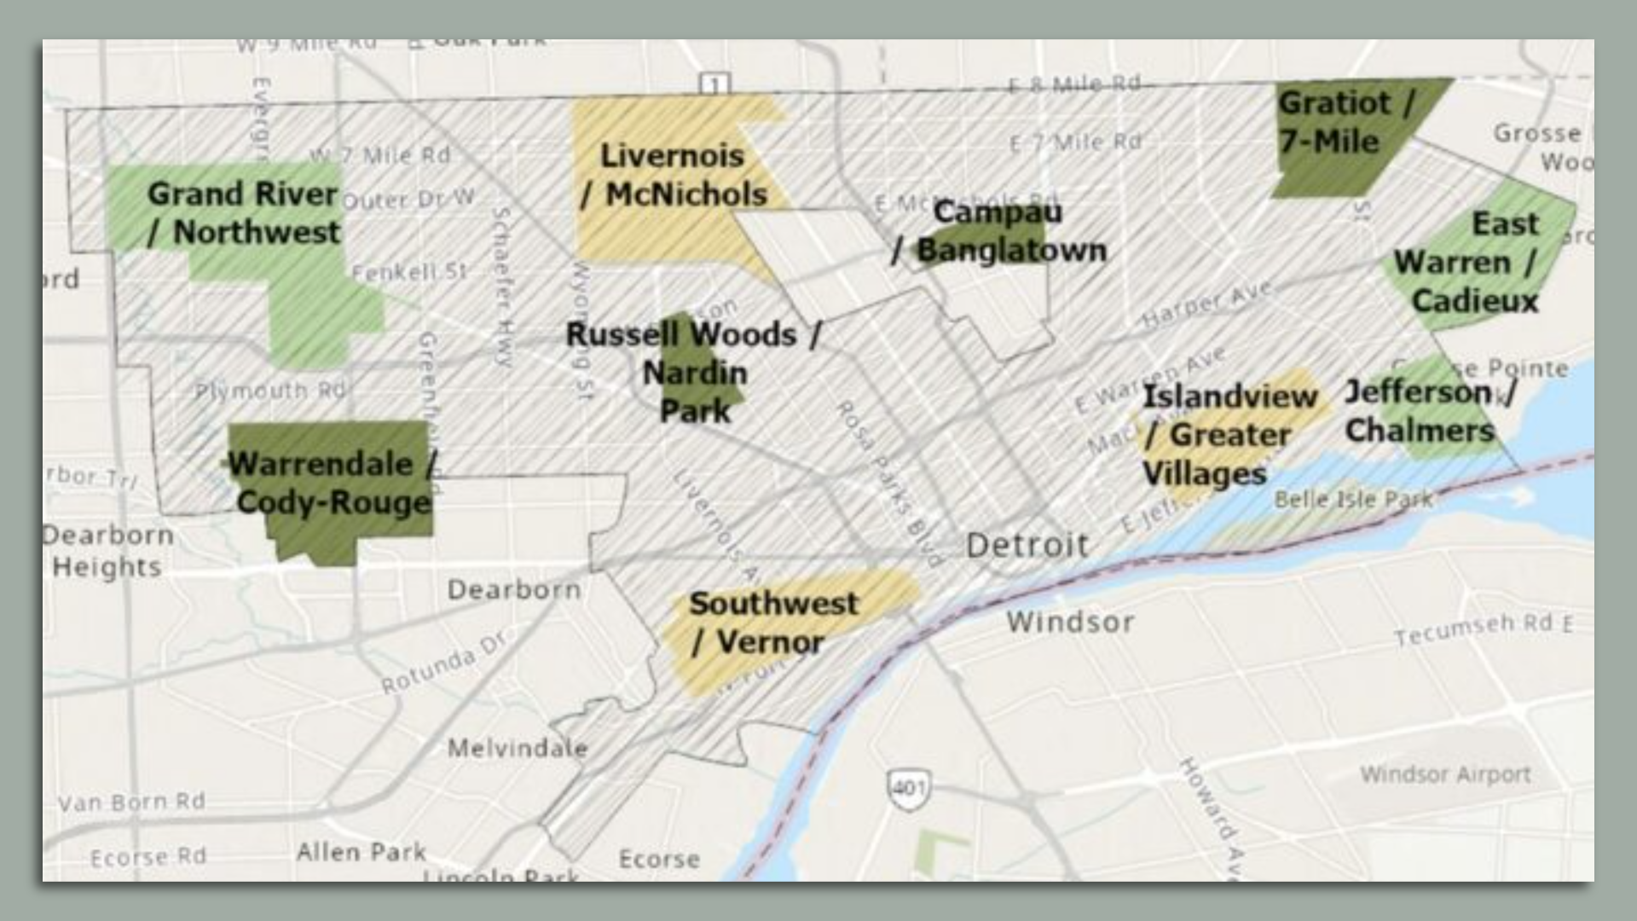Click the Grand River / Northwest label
point(244,213)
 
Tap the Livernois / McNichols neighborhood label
point(674,175)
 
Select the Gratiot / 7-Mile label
point(1345,122)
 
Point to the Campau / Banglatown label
point(998,231)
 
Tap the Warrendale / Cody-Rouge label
point(333,483)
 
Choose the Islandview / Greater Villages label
point(1229,435)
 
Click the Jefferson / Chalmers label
point(1429,411)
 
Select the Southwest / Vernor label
point(772,623)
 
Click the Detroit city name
point(1027,545)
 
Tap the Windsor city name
point(1070,622)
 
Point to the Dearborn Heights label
point(107,551)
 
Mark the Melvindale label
point(518,749)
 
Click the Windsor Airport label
point(1445,774)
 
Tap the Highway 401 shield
point(908,785)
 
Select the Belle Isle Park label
point(1353,500)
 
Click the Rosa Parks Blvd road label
point(888,483)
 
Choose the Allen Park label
point(361,851)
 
